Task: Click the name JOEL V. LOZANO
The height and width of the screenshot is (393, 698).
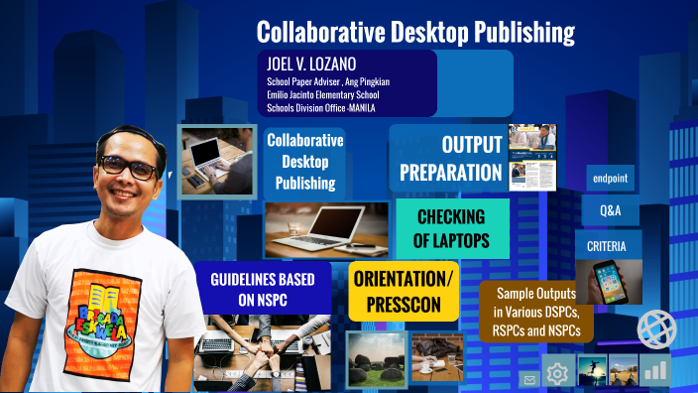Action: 310,63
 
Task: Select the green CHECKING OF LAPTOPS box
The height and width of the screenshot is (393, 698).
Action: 451,229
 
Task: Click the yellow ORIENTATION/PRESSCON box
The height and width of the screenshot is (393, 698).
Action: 404,291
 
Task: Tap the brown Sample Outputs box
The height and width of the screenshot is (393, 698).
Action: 536,311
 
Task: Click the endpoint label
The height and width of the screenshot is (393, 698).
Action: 611,180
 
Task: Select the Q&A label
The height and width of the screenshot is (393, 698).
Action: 611,211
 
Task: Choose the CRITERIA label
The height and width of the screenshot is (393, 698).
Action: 607,245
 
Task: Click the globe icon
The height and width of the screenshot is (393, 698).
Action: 655,329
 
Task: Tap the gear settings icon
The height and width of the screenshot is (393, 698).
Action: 557,374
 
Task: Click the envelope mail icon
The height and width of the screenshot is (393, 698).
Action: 529,378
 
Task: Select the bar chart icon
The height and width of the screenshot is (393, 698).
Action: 654,371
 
